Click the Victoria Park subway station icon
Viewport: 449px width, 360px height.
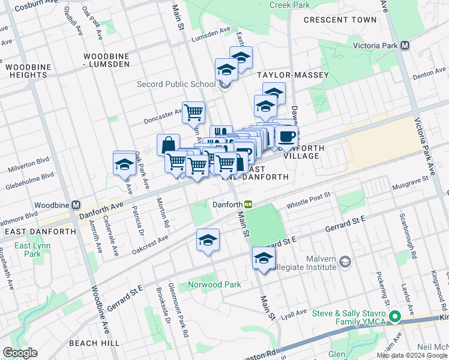(x=405, y=46)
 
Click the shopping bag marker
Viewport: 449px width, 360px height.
(x=168, y=145)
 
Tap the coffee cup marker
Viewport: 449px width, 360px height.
(x=287, y=136)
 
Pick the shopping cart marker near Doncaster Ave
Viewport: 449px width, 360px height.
(x=193, y=112)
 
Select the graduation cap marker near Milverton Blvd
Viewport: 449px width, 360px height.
(x=124, y=163)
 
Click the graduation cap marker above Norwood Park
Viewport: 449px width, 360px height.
(x=208, y=241)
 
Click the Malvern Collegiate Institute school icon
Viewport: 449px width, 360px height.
(x=345, y=262)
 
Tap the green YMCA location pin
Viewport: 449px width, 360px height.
(x=394, y=317)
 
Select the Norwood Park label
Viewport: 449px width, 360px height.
(x=214, y=284)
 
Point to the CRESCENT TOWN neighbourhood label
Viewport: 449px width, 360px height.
(x=340, y=20)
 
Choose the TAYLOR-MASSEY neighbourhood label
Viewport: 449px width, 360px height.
(x=293, y=75)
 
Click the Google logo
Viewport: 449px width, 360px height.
(x=20, y=353)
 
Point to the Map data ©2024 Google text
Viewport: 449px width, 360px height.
(x=411, y=355)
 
